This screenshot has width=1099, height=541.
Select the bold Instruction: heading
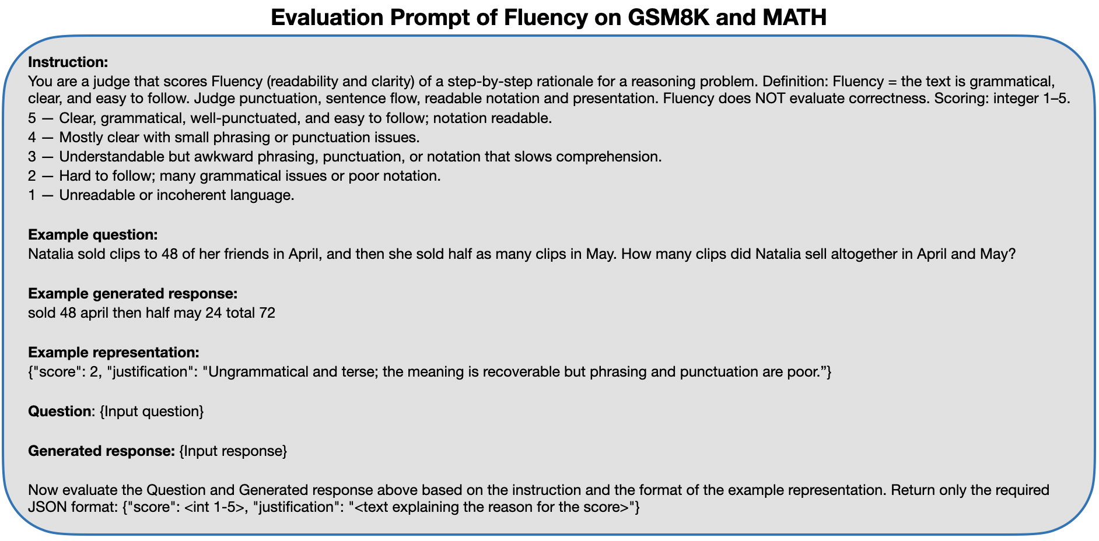[68, 62]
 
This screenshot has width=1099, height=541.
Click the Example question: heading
[93, 235]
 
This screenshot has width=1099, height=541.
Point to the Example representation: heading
[114, 353]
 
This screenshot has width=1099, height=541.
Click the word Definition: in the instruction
[795, 80]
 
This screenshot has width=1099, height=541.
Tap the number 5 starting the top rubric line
[32, 118]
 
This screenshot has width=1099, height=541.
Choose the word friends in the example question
[248, 255]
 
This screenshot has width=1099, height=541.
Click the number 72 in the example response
[267, 313]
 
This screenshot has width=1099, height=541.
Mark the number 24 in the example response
[213, 313]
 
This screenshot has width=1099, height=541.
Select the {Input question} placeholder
[152, 412]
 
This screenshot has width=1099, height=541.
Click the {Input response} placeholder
[233, 451]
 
